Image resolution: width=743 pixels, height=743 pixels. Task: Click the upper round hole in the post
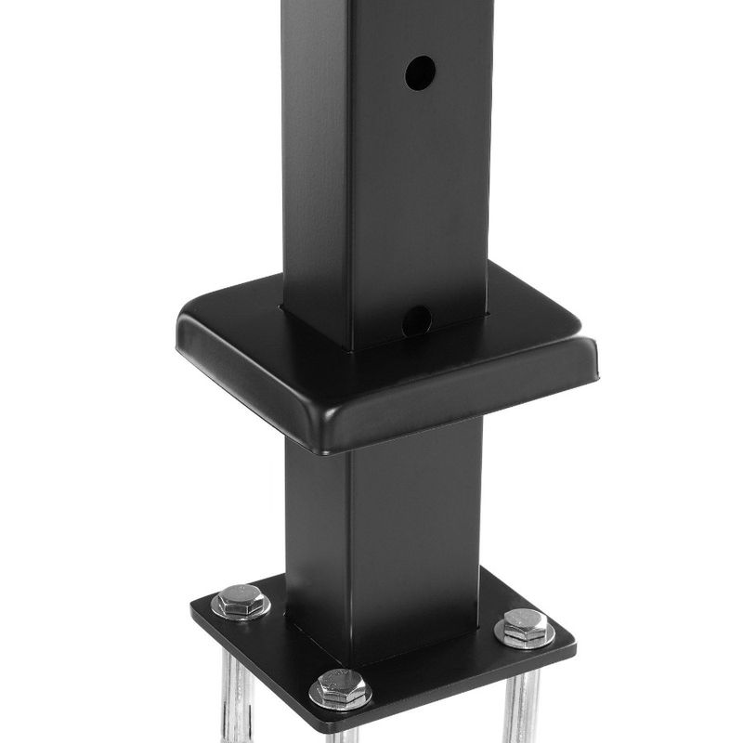(419, 72)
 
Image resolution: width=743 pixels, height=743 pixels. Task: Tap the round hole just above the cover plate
(418, 320)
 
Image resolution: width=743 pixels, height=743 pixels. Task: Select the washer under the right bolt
(525, 638)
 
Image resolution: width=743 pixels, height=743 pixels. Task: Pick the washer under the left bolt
(241, 613)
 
